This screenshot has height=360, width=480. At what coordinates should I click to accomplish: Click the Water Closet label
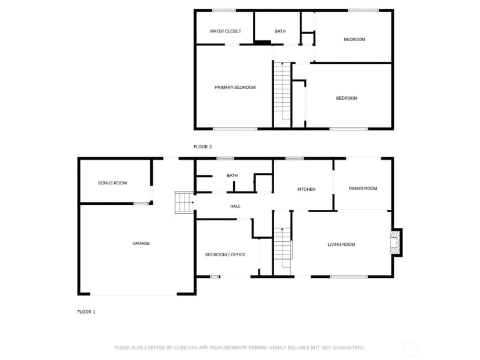(x=226, y=31)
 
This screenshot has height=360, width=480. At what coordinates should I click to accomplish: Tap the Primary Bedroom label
(x=235, y=87)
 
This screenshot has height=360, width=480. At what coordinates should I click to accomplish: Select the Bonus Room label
(x=112, y=183)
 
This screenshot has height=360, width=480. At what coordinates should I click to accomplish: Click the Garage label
(x=141, y=243)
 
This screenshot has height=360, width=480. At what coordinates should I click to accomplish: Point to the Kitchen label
(x=307, y=189)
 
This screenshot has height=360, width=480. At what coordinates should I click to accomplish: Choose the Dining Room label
(x=363, y=188)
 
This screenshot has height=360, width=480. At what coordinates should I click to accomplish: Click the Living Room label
(x=341, y=244)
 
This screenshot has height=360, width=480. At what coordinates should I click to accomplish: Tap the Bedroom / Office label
(x=226, y=254)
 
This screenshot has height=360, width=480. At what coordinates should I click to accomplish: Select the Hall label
(x=235, y=206)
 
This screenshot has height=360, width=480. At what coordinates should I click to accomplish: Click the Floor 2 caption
(x=203, y=147)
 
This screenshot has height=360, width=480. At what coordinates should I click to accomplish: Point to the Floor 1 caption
(x=86, y=312)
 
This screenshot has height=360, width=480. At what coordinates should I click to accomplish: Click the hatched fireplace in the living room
(x=395, y=242)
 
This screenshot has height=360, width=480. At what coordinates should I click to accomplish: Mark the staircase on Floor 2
(x=282, y=94)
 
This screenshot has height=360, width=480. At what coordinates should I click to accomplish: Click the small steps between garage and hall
(x=184, y=202)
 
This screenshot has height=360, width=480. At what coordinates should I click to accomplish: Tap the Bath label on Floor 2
(x=280, y=31)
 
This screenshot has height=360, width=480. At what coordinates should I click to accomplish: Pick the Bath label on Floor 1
(x=232, y=176)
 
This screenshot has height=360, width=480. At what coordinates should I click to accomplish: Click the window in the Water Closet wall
(x=224, y=10)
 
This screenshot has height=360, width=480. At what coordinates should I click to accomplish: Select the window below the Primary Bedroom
(x=235, y=129)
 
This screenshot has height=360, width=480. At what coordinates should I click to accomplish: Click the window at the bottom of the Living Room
(x=349, y=277)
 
